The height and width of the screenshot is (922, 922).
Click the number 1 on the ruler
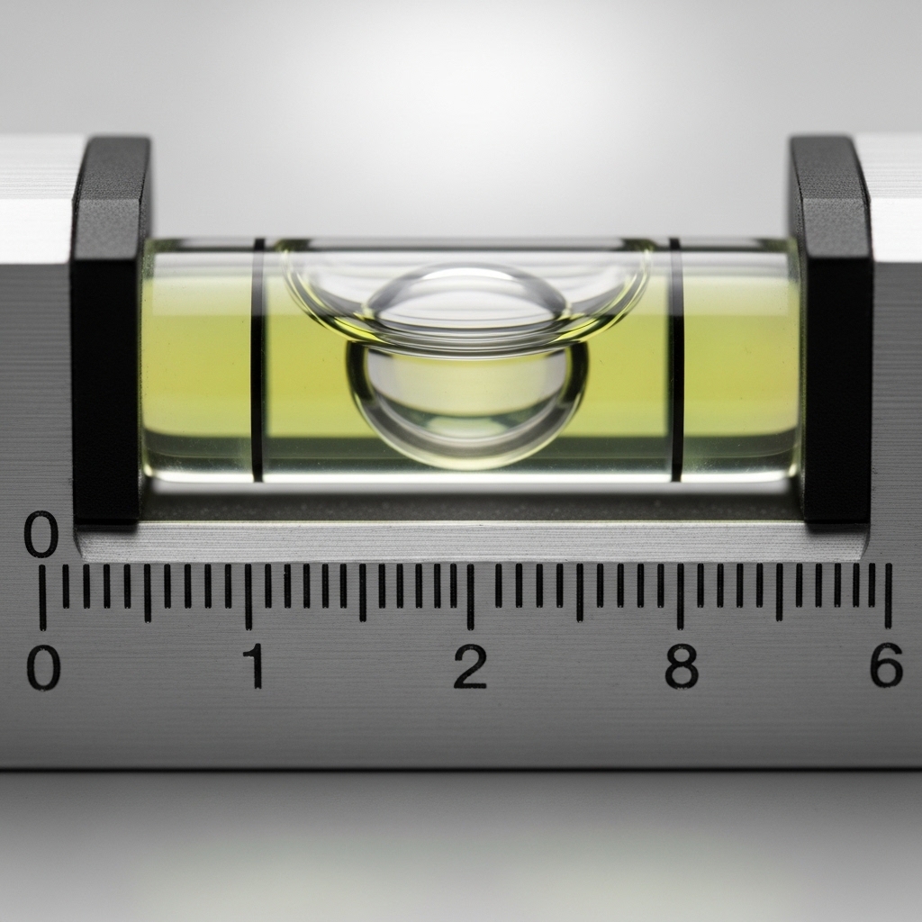coord(257,666)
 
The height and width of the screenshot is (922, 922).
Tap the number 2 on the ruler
coord(470,666)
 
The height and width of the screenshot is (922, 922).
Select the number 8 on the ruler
coord(682,666)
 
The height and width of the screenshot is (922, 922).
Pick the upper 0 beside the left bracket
coord(41,535)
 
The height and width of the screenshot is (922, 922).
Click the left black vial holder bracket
coord(109,329)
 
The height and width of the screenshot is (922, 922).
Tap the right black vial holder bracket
coord(832,329)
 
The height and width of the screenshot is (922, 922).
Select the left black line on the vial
coord(258,360)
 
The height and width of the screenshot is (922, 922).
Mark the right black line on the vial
coord(676,360)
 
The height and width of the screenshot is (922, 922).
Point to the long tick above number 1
coord(249,595)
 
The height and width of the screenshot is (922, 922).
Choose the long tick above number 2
coord(469,595)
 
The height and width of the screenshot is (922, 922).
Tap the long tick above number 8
coord(680,595)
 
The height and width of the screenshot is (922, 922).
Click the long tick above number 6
coord(888,595)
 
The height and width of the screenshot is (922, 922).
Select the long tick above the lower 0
coord(42,597)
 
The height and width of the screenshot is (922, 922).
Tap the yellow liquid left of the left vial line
coord(198,360)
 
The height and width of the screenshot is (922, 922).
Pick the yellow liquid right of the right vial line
coord(738,360)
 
